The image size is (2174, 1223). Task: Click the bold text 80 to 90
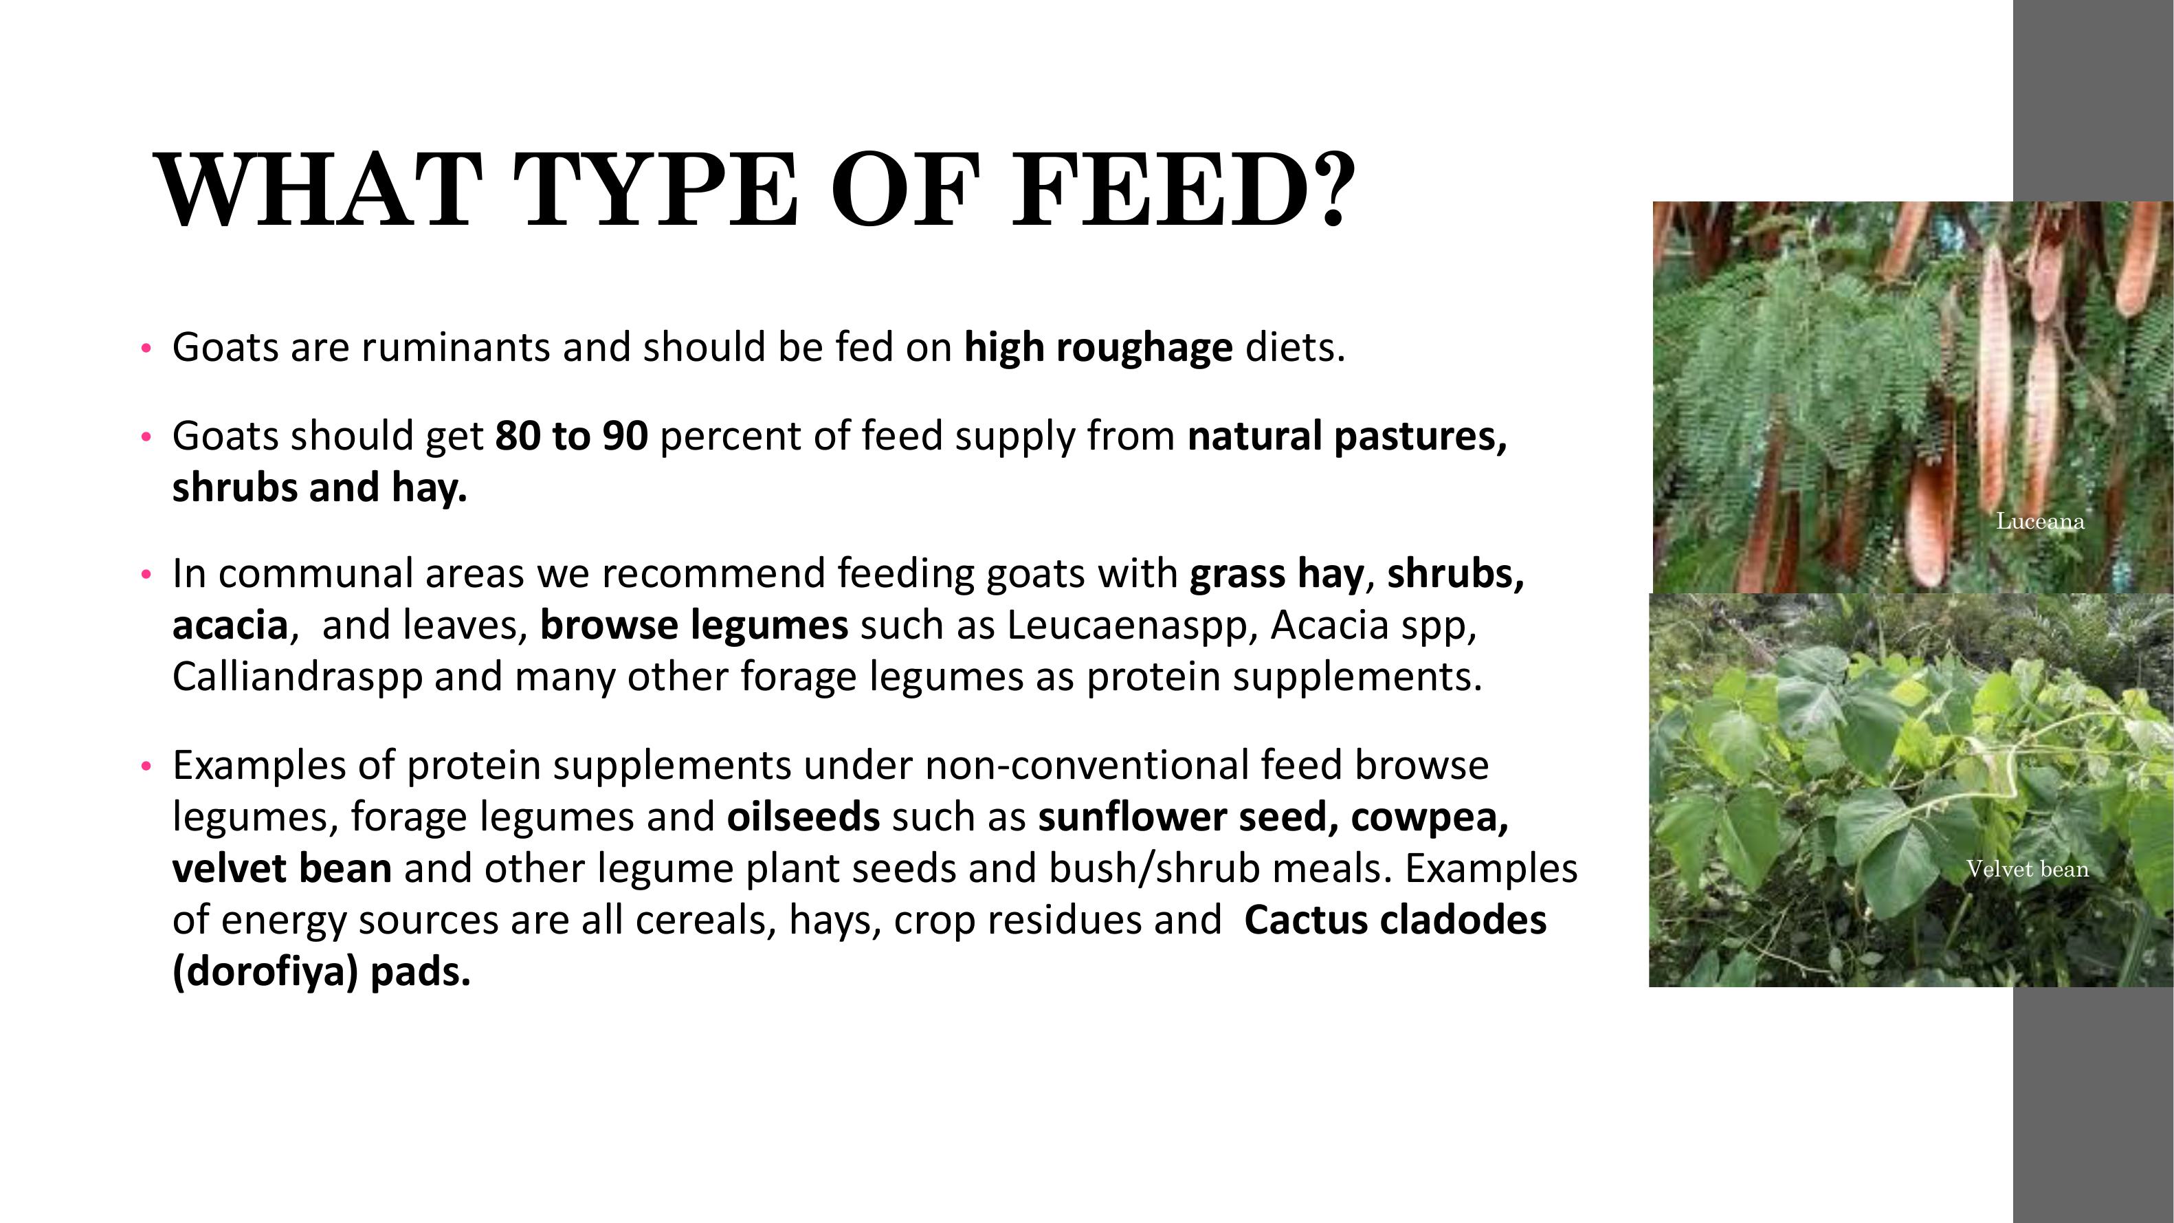pos(571,436)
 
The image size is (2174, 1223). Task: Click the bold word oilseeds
pos(803,816)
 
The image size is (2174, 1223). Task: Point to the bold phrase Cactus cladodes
pos(1395,920)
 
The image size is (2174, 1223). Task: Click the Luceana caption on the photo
pos(2040,522)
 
